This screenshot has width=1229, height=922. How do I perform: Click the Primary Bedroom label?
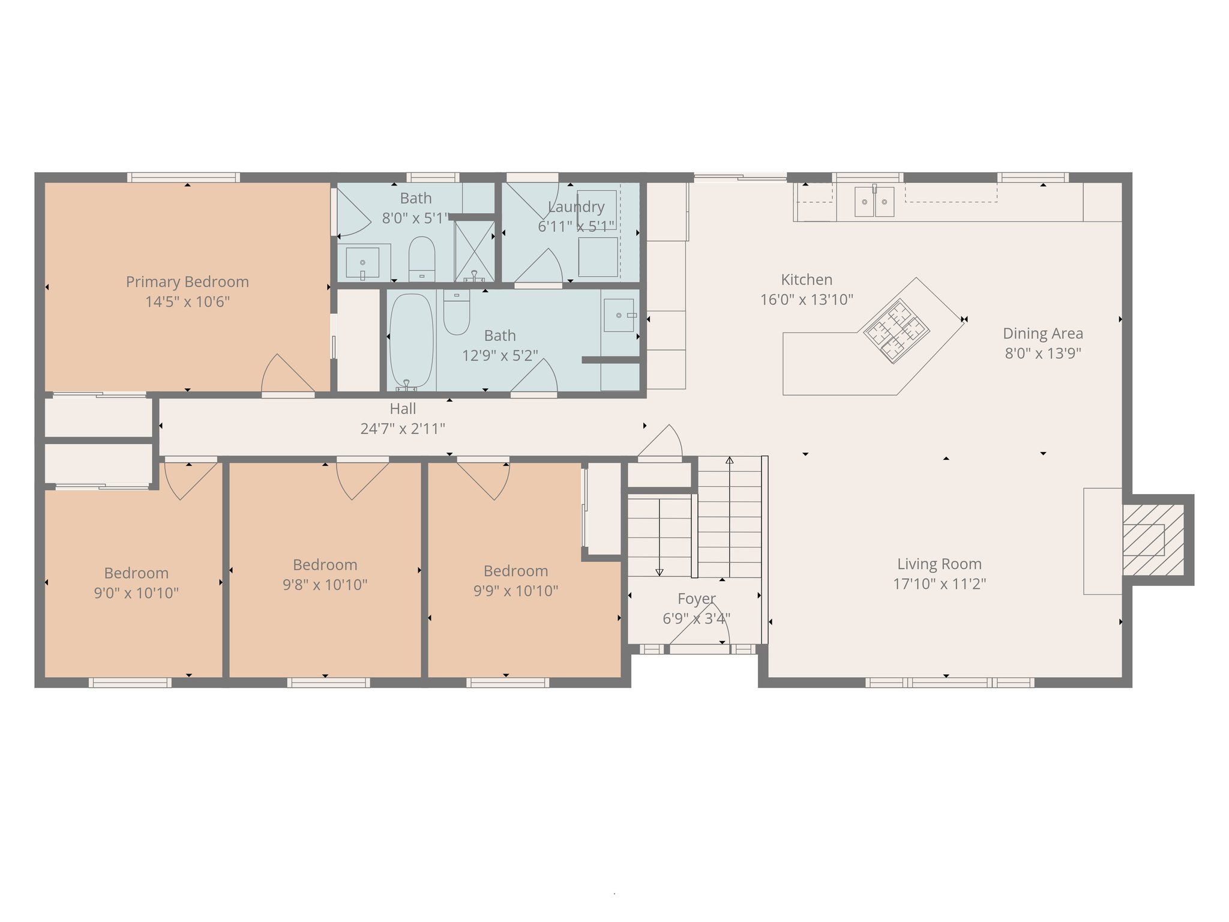coord(187,282)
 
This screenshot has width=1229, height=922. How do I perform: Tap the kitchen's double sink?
coord(874,202)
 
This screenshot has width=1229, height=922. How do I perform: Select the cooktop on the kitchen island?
coord(896,331)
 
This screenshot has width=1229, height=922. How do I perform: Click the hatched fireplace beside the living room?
coord(1153,540)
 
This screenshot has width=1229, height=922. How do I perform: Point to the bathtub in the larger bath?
coord(411,340)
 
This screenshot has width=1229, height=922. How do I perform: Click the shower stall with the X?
coord(474,251)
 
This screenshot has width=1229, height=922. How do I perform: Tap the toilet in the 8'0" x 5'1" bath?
coord(422,258)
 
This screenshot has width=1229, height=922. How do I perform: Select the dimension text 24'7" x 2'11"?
coord(403,429)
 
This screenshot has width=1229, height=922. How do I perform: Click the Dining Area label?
coord(1043,334)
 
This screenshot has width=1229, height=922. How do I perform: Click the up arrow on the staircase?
coord(729,460)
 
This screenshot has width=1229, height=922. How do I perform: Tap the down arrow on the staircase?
coord(660,572)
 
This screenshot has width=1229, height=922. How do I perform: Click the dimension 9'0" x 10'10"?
coord(136,593)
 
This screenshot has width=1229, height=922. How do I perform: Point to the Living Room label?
coord(939,564)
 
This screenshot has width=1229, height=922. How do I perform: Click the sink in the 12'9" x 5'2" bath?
coord(619,315)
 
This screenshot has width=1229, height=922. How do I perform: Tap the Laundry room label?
coord(576,207)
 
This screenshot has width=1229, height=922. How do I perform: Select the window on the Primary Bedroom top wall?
coord(184,177)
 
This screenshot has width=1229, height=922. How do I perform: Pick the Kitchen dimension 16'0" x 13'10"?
coord(807,300)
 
